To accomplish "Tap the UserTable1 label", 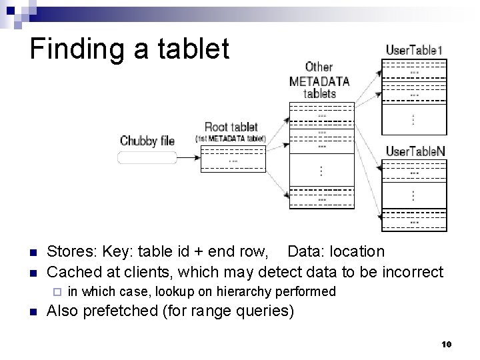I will coord(414,50).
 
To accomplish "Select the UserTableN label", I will coord(415,151).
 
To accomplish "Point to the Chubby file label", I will coord(147,141).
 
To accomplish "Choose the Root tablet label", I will coord(231,127).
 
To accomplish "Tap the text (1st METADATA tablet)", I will coord(231,139).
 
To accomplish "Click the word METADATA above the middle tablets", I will coord(319,81).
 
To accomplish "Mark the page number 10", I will coord(446,344).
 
